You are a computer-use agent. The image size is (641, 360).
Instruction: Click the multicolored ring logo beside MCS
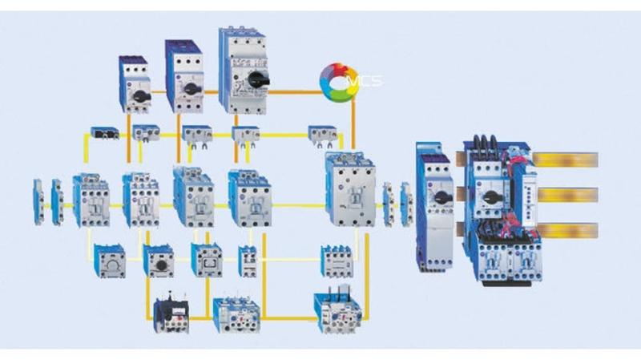(337, 80)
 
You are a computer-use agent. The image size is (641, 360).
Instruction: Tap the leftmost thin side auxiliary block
(38, 200)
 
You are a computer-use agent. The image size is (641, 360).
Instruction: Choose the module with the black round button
(159, 261)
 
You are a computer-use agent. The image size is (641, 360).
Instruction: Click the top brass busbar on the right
(566, 160)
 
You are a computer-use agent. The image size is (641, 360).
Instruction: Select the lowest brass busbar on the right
(566, 232)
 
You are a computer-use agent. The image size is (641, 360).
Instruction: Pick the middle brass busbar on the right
(566, 195)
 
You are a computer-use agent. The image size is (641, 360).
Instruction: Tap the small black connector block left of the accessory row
(104, 132)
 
